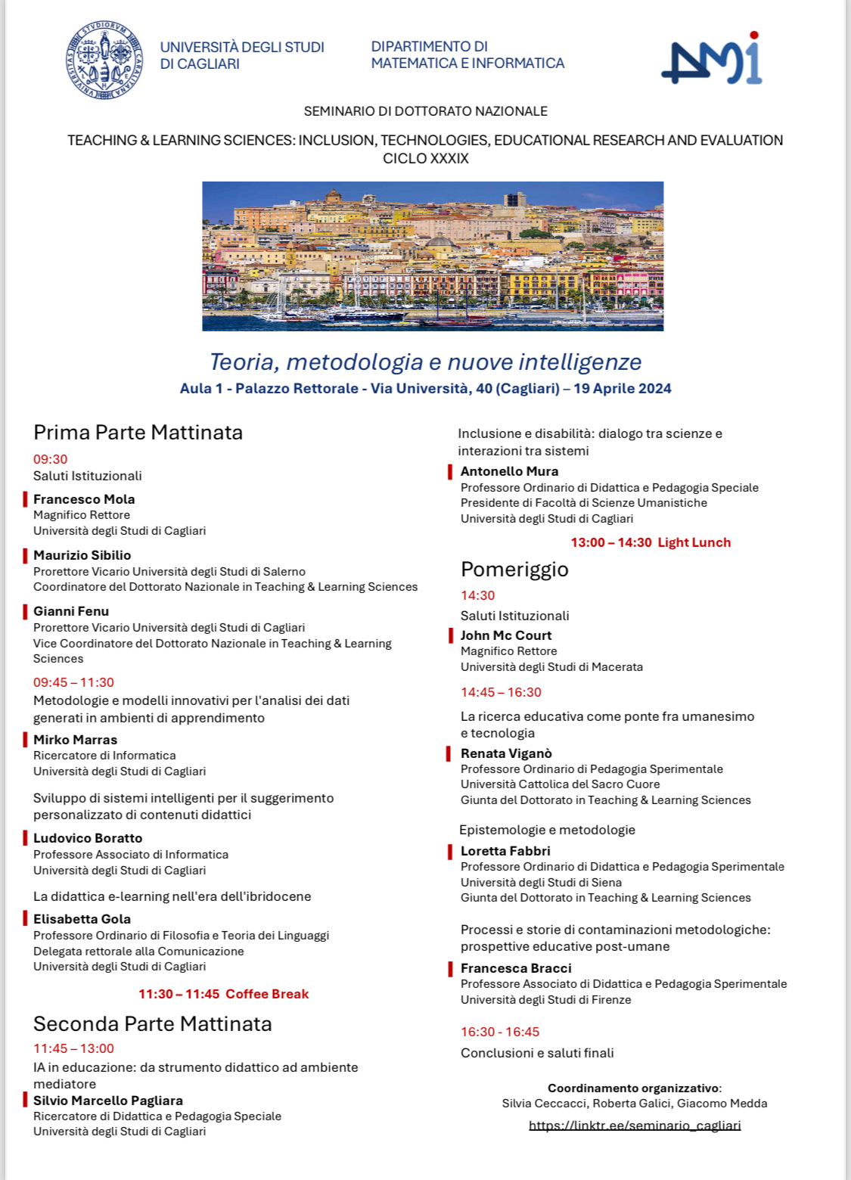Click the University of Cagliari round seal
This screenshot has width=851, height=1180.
pos(104,60)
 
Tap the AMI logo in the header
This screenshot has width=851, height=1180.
pos(712,61)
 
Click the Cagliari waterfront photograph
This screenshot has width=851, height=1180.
pos(433,256)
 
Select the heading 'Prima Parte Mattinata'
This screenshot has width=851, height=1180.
pos(138,433)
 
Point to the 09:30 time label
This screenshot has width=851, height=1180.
pos(50,459)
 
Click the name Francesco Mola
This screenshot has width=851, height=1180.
pos(84,499)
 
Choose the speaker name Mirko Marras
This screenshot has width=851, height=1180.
pos(75,740)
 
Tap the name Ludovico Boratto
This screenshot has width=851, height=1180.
pos(88,838)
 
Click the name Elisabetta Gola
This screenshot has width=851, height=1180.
pos(82,919)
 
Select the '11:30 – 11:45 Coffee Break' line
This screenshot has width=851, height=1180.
pos(223,994)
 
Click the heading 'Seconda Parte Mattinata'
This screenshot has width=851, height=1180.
pos(152,1024)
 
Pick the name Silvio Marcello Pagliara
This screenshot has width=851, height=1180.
pos(108,1101)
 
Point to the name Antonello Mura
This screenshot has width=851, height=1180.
pos(509,471)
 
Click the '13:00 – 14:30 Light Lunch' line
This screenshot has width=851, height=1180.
pos(651,542)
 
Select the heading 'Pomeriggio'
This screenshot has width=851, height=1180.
pos(514,569)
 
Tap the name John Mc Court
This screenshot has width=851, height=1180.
pos(506,635)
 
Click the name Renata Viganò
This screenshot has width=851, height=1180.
pos(506,753)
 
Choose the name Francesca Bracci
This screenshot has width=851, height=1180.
pos(516,968)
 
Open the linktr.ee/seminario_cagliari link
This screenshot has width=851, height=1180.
pos(635,1126)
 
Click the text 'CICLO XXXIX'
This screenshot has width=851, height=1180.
pos(425,159)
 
